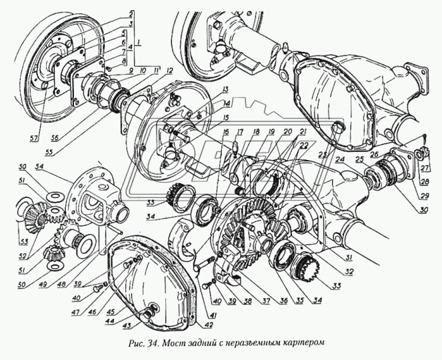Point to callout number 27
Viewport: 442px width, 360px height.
[424, 167]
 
